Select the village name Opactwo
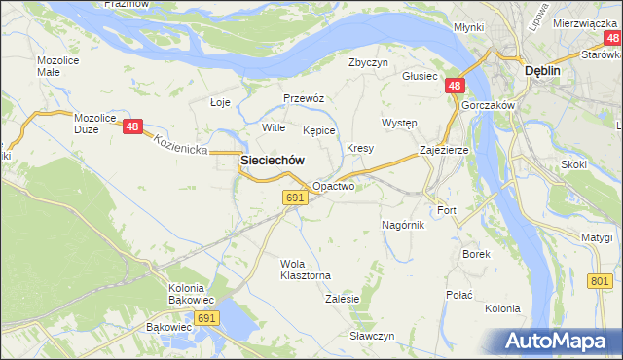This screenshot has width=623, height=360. pyautogui.click(x=333, y=185)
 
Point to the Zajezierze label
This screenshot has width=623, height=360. pyautogui.click(x=445, y=151)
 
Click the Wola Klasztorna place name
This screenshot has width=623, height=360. pyautogui.click(x=306, y=270)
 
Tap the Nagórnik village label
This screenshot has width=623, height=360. pyautogui.click(x=402, y=225)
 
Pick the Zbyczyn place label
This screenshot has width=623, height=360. pyautogui.click(x=369, y=61)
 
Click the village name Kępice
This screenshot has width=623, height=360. pyautogui.click(x=318, y=129)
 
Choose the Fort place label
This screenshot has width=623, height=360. pyautogui.click(x=447, y=210)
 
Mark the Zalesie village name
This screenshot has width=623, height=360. pyautogui.click(x=342, y=299)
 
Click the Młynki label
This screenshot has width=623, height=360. pyautogui.click(x=468, y=27)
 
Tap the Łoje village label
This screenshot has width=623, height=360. pyautogui.click(x=221, y=102)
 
